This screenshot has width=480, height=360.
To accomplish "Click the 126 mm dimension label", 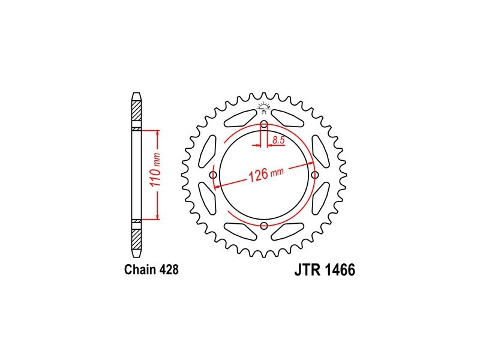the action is (266, 174).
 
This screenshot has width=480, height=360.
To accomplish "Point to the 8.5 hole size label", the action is (278, 140).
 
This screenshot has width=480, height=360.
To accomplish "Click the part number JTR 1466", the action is (325, 269).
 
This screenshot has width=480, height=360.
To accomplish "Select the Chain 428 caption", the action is (151, 269).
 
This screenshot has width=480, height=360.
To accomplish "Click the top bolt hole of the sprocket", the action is (264, 125).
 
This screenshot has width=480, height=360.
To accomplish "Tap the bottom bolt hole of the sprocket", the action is (264, 226).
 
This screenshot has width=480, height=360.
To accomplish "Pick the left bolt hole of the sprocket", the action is (213, 175).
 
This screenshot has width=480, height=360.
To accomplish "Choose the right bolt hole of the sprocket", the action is (314, 175).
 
